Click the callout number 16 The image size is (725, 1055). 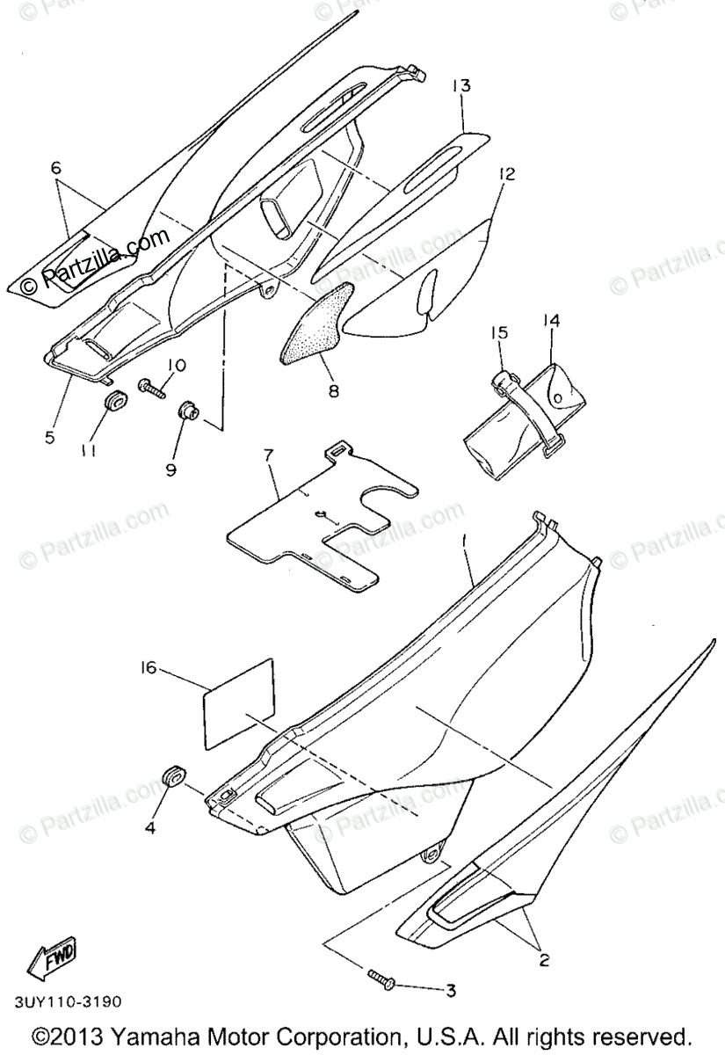(147, 668)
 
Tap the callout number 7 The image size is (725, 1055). (269, 455)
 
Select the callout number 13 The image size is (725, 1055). (461, 86)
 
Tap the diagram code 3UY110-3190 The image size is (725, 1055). (68, 1002)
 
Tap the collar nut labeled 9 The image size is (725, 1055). (186, 411)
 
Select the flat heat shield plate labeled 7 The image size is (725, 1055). (308, 527)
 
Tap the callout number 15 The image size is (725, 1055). (499, 332)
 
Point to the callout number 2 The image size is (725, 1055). (544, 961)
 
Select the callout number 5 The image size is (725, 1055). (50, 435)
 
